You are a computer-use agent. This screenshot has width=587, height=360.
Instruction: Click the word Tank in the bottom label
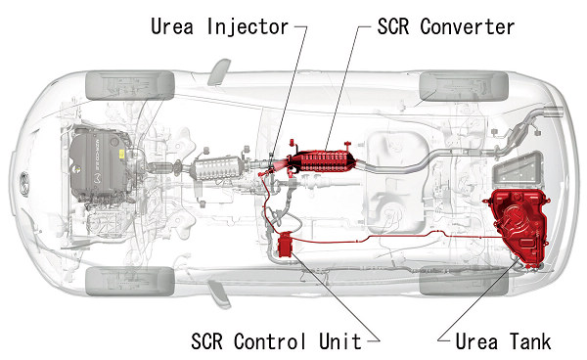pyautogui.click(x=529, y=341)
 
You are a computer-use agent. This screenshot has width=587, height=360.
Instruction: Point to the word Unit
pyautogui.click(x=339, y=341)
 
